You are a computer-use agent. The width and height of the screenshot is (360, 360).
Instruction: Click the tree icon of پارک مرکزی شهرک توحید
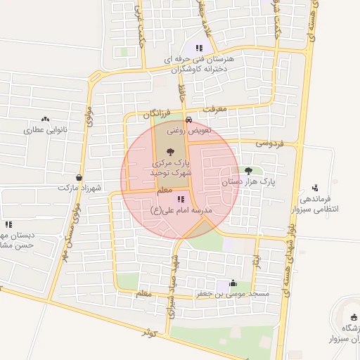(x=170, y=151)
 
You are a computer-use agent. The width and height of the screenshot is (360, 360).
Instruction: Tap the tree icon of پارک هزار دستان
(x=247, y=170)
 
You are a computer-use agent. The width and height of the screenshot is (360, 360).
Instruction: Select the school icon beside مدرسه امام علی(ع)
(x=181, y=200)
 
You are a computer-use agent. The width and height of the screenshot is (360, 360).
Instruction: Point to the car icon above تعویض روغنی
(x=188, y=120)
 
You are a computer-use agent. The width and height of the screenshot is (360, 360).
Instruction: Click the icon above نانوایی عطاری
(x=46, y=120)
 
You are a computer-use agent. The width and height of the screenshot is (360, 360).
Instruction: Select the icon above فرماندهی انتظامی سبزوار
(x=314, y=188)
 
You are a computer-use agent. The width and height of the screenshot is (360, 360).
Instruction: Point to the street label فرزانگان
(x=157, y=113)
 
